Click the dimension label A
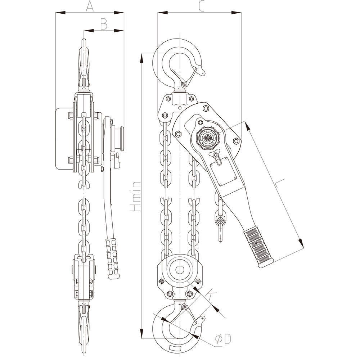tap(90, 6)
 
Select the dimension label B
tap(104, 24)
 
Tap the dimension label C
tap(201, 6)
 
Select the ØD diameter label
tap(222, 339)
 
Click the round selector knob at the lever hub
tap(208, 138)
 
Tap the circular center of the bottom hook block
tap(179, 269)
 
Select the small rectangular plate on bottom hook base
tap(176, 348)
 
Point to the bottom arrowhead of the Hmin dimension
tap(142, 334)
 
